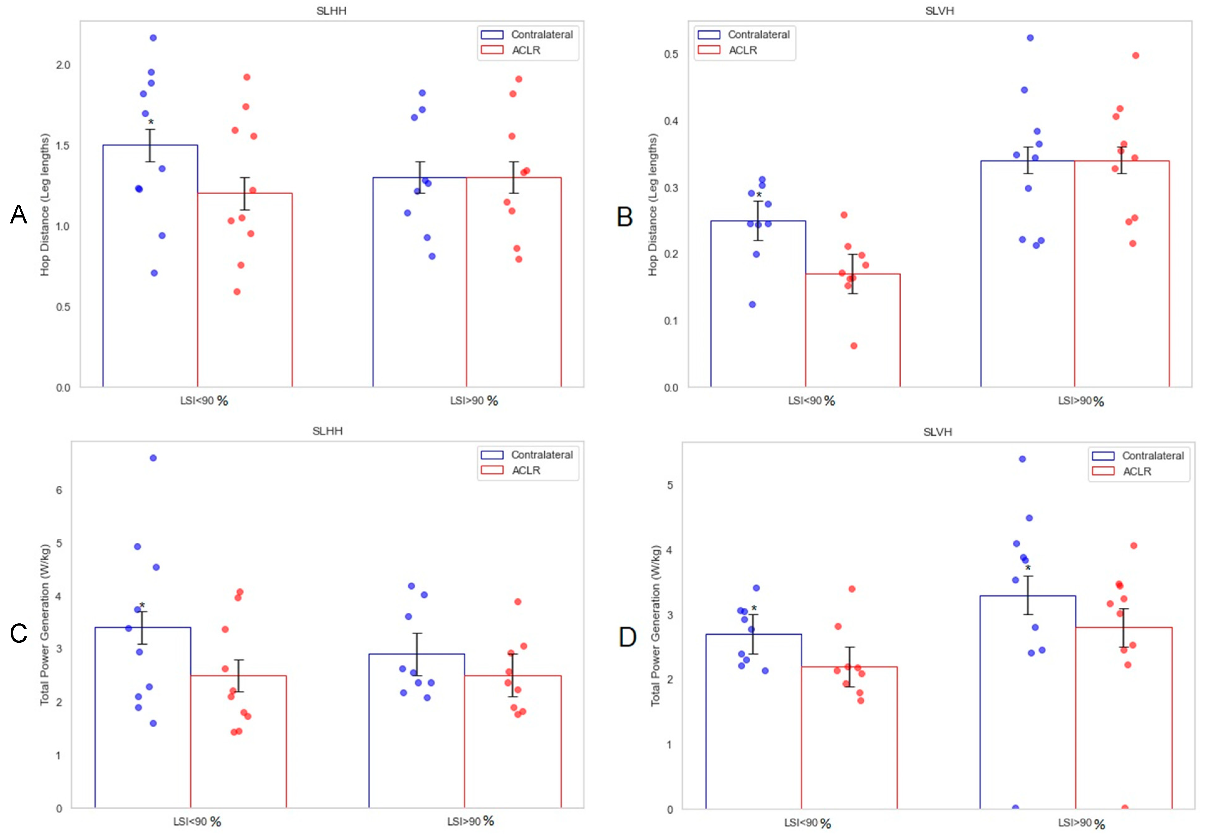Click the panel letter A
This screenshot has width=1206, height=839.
[18, 214]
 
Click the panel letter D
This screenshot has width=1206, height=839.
[627, 637]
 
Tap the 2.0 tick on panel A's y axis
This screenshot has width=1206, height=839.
[63, 65]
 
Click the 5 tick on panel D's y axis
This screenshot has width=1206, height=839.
[670, 485]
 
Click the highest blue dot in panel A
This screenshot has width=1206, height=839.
[153, 38]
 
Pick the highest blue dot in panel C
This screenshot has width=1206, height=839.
[153, 458]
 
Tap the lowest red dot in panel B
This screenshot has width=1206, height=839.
[854, 345]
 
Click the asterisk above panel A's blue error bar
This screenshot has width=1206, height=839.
[151, 122]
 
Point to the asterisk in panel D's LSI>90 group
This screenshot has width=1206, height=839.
[1028, 568]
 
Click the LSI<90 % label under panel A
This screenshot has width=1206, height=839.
[204, 401]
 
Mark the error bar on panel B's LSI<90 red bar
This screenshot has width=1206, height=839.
[853, 274]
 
